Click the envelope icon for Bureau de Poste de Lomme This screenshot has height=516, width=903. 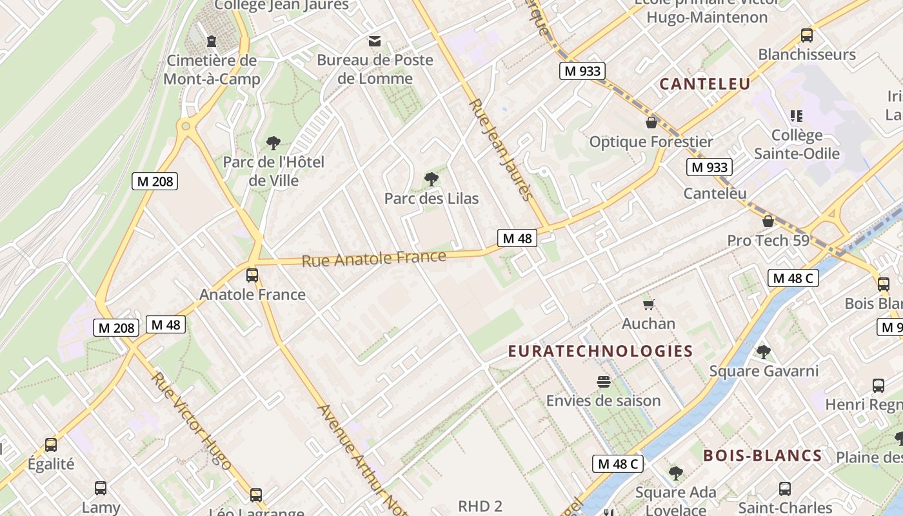point(374,42)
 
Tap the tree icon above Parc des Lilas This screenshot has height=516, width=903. point(431,179)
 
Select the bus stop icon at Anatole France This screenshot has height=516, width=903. point(252,275)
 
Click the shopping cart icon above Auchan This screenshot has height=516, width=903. point(648,304)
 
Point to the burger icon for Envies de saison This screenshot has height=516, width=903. point(603,382)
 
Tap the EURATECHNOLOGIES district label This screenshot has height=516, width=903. point(600,352)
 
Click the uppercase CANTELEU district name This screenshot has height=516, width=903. point(705,84)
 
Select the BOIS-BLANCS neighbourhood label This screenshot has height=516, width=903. point(762,456)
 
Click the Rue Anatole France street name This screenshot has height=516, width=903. point(373,259)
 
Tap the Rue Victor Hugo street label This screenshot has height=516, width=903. point(191,420)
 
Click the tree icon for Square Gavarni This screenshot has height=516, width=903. point(764,352)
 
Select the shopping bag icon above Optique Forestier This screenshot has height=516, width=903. point(651,123)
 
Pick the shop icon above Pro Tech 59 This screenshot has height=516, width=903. point(768,221)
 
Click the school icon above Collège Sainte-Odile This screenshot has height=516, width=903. point(797,116)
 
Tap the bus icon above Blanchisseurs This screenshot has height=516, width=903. point(806,35)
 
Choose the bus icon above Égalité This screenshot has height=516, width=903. point(51,445)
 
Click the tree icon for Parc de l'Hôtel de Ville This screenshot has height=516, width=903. point(273,143)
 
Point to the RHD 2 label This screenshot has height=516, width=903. point(480,506)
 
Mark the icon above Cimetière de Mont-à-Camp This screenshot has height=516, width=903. point(211,42)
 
